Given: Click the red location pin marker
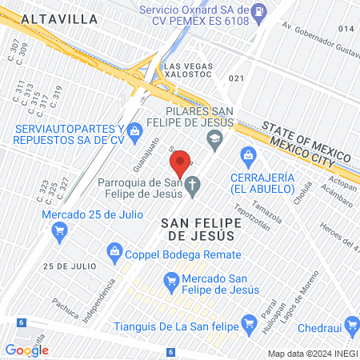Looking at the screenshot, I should point(182,163).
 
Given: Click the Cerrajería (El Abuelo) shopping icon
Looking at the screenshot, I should point(246,154).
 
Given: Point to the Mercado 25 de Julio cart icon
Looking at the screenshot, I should point(58,233).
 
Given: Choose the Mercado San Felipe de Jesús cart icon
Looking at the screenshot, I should point(170,281).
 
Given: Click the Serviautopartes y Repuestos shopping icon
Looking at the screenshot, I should point(135,129).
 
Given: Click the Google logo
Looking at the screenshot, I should point(26,350).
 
